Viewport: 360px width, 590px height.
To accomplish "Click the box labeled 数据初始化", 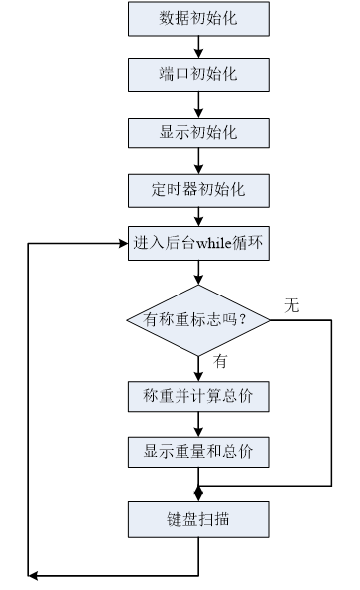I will click(x=198, y=18).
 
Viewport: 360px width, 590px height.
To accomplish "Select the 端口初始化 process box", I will click(x=198, y=74).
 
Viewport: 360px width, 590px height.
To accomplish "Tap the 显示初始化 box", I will click(x=198, y=132).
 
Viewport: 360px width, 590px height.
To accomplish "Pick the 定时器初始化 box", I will click(x=198, y=189).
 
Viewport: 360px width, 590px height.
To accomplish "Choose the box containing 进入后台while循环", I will click(x=198, y=243).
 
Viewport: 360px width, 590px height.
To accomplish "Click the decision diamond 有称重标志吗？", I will click(x=198, y=319).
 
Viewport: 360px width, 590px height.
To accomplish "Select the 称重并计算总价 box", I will click(x=198, y=396).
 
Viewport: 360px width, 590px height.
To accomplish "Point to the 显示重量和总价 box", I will click(x=198, y=452).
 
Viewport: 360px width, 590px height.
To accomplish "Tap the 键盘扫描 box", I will click(x=198, y=519).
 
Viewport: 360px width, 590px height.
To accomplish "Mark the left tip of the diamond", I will click(x=129, y=319).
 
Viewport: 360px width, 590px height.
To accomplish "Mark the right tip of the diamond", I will click(x=268, y=319).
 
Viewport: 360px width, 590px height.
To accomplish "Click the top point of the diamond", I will click(x=198, y=286).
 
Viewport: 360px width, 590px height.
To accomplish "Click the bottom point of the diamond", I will click(x=198, y=354).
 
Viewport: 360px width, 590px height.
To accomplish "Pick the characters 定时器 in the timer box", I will click(x=174, y=189).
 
